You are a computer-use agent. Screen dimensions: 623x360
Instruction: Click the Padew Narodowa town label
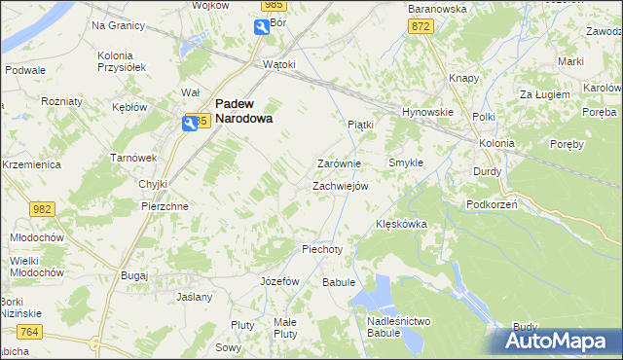pos(242,110)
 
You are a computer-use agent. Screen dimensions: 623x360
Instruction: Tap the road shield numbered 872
pos(421,26)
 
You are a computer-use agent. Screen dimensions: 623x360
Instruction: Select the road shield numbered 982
pos(42,209)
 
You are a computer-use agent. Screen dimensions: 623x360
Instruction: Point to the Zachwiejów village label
pos(339,186)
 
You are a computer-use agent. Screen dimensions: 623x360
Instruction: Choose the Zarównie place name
pos(340,163)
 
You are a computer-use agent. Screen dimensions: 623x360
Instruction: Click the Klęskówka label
pos(401,224)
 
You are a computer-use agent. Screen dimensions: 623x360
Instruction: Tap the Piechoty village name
pos(323,249)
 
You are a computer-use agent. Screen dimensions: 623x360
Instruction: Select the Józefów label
pos(279,280)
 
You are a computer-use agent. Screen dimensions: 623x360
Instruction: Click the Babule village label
pos(338,282)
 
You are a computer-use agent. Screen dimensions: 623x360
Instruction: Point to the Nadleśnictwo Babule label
pos(399,326)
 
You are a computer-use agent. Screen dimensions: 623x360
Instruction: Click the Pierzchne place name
pos(165,207)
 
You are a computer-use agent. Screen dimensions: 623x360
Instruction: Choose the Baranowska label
pos(437,9)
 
